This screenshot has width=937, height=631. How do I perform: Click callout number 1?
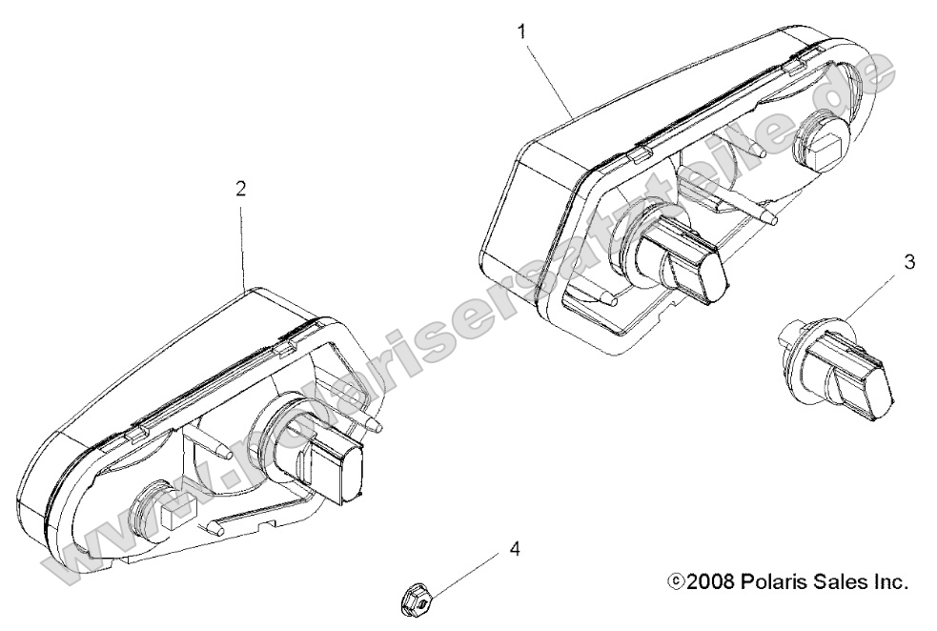click(x=522, y=31)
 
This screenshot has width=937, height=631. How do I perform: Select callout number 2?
click(x=240, y=189)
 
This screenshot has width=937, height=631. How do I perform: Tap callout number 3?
click(x=908, y=262)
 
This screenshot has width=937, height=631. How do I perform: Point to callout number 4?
click(x=514, y=548)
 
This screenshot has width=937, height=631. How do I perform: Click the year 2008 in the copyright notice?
click(x=710, y=581)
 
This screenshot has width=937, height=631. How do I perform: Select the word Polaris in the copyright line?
click(x=766, y=581)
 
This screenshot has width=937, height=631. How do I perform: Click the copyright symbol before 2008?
click(x=676, y=581)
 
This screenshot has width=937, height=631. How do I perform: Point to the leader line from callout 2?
click(x=243, y=244)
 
